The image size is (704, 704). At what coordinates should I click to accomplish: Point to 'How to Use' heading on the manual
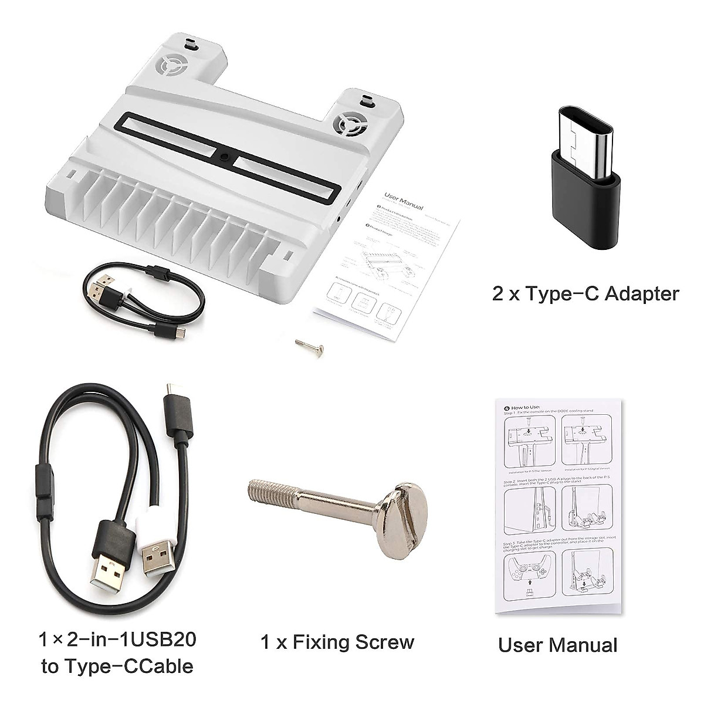525,407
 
